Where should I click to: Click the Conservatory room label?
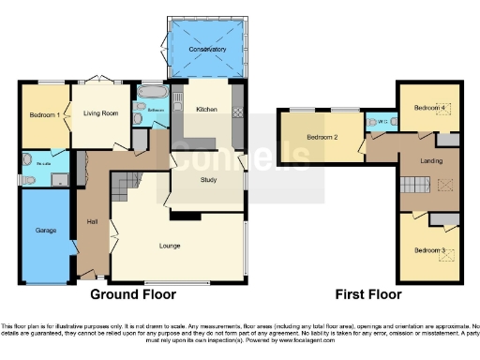pos(207,49)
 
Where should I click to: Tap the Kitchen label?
pos(206,110)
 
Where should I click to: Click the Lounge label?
pos(170,246)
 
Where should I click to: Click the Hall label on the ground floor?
pos(93,222)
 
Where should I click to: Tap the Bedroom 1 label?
pos(45,114)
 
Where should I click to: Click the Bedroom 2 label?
pos(321,138)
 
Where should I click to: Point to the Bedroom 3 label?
pos(429,250)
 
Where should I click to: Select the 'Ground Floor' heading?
pos(133,293)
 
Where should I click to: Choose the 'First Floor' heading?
pos(367,293)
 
